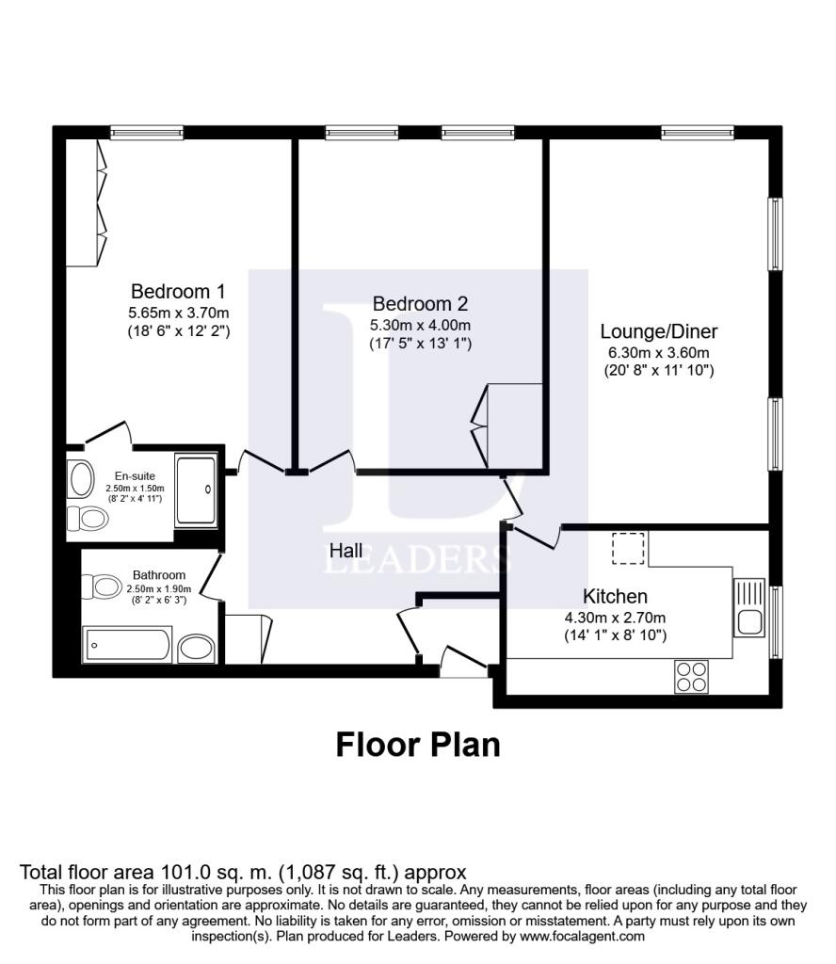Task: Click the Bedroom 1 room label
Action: [x=178, y=291]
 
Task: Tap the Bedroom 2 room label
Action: [x=420, y=304]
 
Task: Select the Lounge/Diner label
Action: [x=659, y=331]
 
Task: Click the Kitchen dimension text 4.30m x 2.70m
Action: [x=615, y=618]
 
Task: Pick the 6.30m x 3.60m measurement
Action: [x=659, y=352]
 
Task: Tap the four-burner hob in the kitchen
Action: [x=691, y=676]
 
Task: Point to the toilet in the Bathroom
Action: [x=106, y=586]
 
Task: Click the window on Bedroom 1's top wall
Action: [x=146, y=133]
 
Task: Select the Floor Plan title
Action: [x=418, y=745]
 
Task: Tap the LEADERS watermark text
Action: [x=418, y=559]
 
